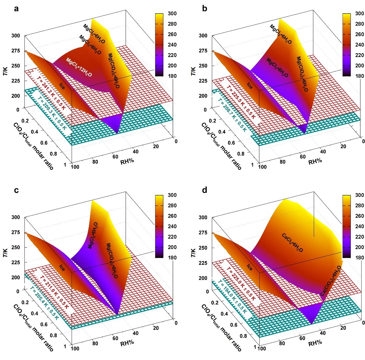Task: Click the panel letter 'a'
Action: coord(16,9)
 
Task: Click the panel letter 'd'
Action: coord(205,190)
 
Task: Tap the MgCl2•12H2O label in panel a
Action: coord(79,67)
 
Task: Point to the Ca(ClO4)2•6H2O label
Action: coord(331,281)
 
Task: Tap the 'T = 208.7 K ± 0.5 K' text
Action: coord(232,115)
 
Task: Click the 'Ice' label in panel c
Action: coord(62,268)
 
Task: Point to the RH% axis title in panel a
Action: coord(127,161)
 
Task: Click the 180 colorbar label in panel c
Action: coord(172,257)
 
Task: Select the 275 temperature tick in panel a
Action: coord(16,51)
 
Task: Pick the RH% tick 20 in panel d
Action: coord(343,328)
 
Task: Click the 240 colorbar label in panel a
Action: coord(172,45)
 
